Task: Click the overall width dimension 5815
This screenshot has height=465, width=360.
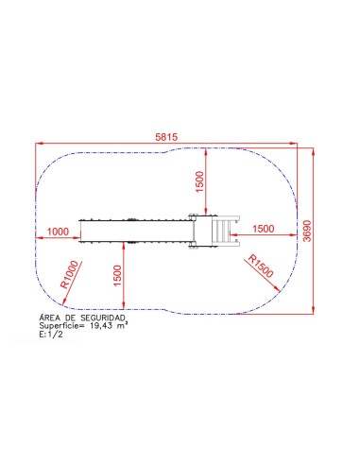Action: tap(166, 137)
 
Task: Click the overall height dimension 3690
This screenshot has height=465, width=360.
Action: tap(307, 231)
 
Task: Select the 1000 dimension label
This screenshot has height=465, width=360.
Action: tap(58, 232)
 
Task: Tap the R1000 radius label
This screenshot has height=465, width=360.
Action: tap(69, 274)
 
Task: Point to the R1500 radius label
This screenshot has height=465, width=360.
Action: tap(261, 267)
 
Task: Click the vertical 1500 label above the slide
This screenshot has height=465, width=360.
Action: tap(200, 181)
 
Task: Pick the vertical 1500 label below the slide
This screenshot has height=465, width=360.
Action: tap(117, 276)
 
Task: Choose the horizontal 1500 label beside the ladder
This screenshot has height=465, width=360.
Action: tap(264, 229)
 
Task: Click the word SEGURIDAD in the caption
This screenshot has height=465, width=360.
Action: tap(103, 318)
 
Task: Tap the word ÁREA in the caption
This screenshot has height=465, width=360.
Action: tap(49, 318)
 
